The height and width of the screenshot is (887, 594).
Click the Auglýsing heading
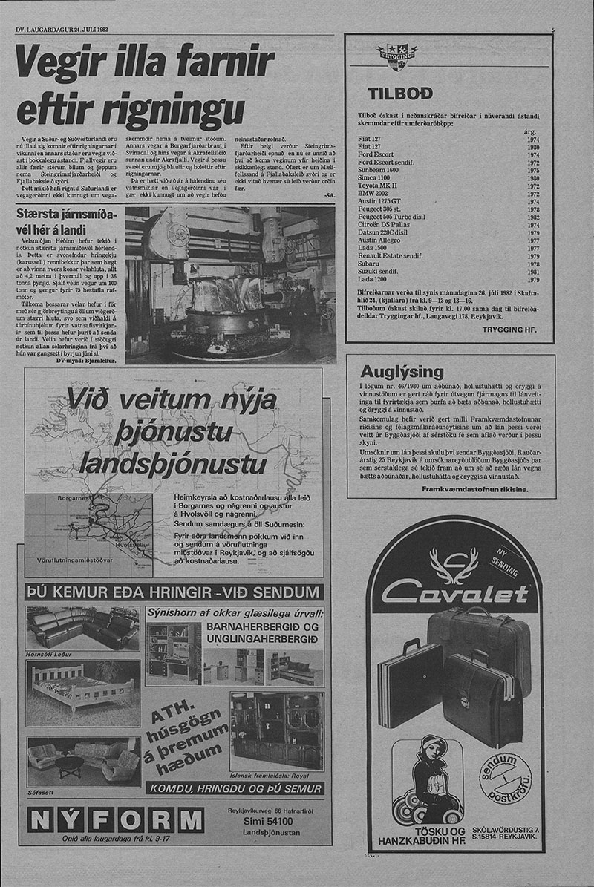[x=401, y=372]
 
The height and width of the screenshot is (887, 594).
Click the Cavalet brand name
[x=455, y=591]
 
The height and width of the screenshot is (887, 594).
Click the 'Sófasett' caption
[x=41, y=792]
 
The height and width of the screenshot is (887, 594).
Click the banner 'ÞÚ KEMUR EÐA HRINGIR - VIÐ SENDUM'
[x=174, y=592]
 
